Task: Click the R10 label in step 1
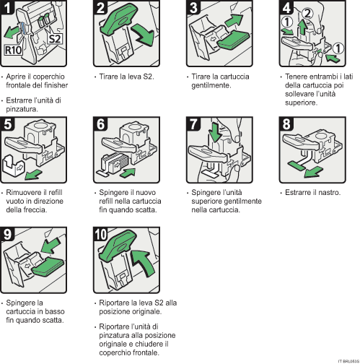[14, 53]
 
